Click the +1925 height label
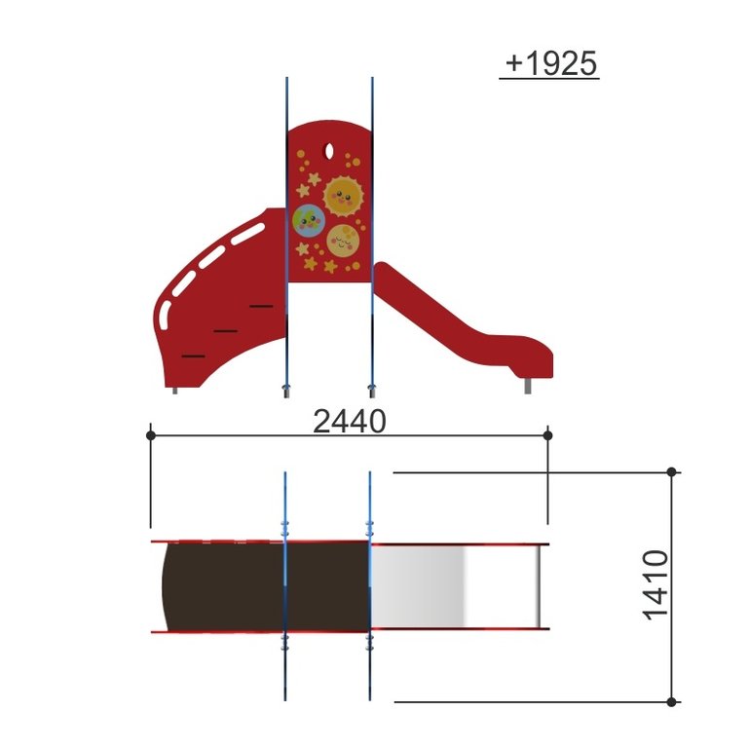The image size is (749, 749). tap(550, 63)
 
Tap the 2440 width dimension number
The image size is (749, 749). tap(350, 422)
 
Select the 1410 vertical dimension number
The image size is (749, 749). tap(655, 585)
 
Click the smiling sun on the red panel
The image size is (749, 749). tap(344, 197)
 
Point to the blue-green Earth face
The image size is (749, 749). tap(309, 220)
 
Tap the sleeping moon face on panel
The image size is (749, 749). tap(343, 241)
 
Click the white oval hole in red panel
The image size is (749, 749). tap(329, 151)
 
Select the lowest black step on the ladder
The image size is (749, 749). tap(194, 356)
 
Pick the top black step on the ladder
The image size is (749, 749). tap(261, 306)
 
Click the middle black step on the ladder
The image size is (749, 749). tap(225, 330)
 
